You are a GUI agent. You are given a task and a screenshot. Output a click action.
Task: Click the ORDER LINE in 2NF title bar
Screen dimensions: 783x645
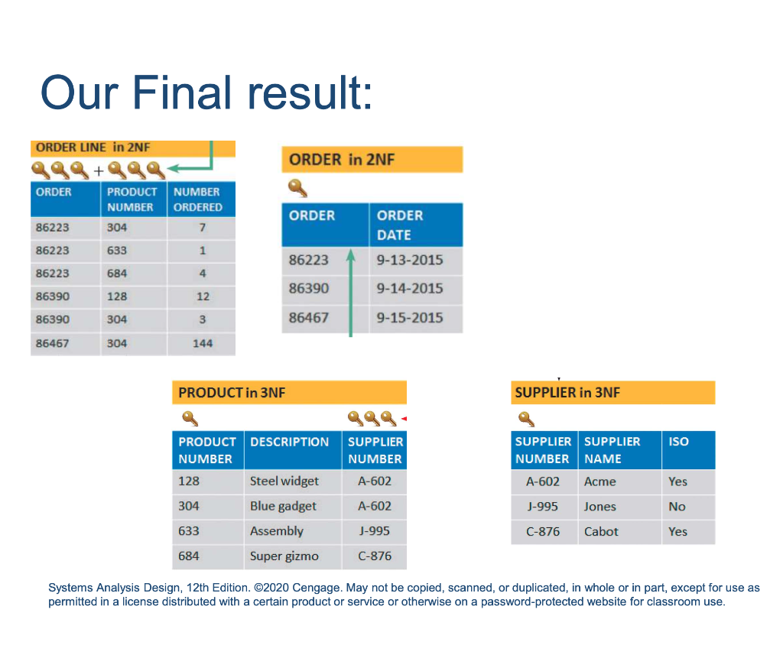coord(133,147)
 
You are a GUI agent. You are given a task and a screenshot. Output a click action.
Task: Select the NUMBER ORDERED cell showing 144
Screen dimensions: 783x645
coord(202,343)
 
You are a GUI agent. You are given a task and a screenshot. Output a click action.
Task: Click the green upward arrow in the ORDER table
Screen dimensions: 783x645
coord(350,293)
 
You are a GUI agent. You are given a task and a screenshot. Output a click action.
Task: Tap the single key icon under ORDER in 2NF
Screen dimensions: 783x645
coord(297,188)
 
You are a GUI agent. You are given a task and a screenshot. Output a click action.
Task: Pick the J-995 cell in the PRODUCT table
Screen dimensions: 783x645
coord(375,531)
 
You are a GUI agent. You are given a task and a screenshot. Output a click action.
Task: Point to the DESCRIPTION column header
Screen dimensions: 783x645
coord(290,442)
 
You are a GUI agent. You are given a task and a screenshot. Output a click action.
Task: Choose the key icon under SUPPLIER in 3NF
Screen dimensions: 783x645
coord(526,419)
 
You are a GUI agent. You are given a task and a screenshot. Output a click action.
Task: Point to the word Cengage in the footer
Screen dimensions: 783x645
coord(317,588)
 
